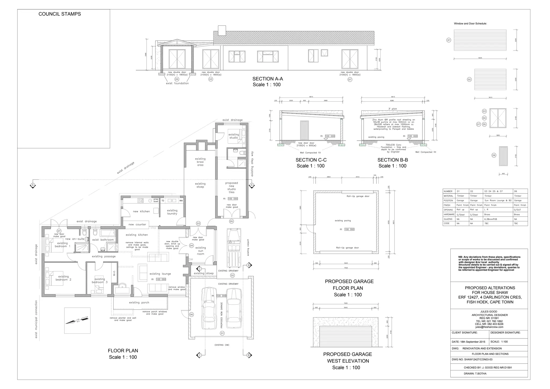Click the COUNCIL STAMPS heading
click(x=60, y=14)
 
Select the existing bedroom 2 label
click(x=63, y=278)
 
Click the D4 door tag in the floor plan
click(x=191, y=246)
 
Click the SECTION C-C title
click(x=311, y=160)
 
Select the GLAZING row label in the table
click(x=448, y=219)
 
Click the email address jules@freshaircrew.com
click(x=489, y=327)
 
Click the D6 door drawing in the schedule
click(x=503, y=156)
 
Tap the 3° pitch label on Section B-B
click(x=392, y=109)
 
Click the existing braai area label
click(x=200, y=162)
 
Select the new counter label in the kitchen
click(x=137, y=224)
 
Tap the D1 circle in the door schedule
click(x=449, y=40)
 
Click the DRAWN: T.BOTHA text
click(x=475, y=373)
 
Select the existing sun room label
click(x=201, y=251)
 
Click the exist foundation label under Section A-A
click(x=177, y=83)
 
